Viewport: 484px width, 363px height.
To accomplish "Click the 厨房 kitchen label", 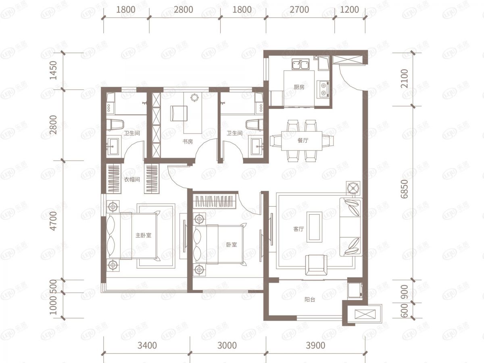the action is (299, 87).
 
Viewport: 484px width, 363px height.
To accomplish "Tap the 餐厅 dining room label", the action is (303, 140).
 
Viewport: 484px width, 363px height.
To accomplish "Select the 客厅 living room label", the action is (298, 229).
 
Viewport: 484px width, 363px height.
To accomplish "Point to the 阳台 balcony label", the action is (310, 300).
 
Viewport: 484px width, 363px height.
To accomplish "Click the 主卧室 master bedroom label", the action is (143, 236).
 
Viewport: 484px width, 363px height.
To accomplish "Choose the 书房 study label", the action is (188, 142).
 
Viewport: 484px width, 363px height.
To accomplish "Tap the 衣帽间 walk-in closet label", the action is (132, 179).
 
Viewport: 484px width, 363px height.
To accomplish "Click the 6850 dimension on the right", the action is (405, 189).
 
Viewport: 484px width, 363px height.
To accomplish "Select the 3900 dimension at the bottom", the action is (315, 346).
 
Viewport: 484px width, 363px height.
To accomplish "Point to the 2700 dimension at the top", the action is (299, 10).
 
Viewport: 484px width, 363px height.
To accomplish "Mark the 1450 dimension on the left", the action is (53, 71).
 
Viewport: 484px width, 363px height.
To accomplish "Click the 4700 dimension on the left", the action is (53, 221).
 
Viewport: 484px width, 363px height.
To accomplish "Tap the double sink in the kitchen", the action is (300, 64).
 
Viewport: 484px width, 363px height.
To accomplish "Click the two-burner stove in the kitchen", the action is (323, 90).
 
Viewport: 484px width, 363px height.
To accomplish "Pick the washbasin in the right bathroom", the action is (256, 146).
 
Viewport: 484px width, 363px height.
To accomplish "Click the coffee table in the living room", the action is (315, 226).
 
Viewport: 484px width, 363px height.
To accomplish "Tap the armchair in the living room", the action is (316, 265).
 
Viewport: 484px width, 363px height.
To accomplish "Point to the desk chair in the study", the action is (179, 113).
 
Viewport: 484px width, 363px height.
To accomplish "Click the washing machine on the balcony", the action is (355, 290).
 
